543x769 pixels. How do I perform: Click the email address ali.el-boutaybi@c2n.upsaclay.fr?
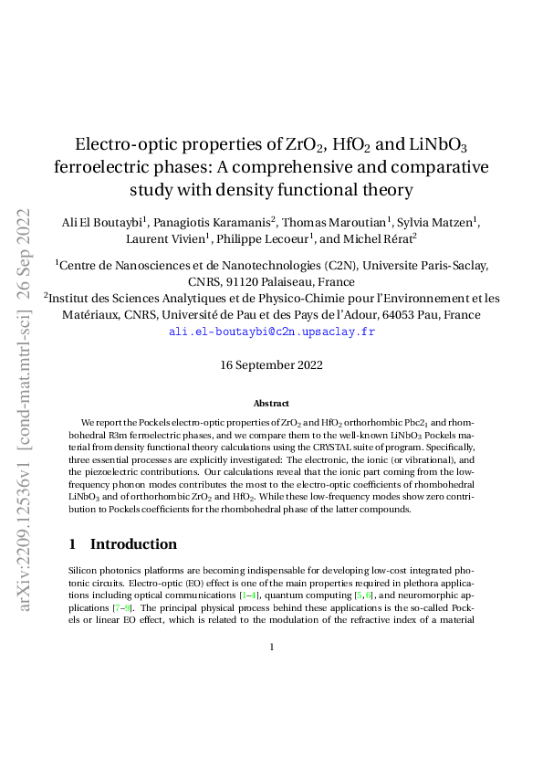tap(272, 332)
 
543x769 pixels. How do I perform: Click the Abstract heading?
tap(272, 403)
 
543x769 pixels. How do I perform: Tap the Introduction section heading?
tap(133, 544)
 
